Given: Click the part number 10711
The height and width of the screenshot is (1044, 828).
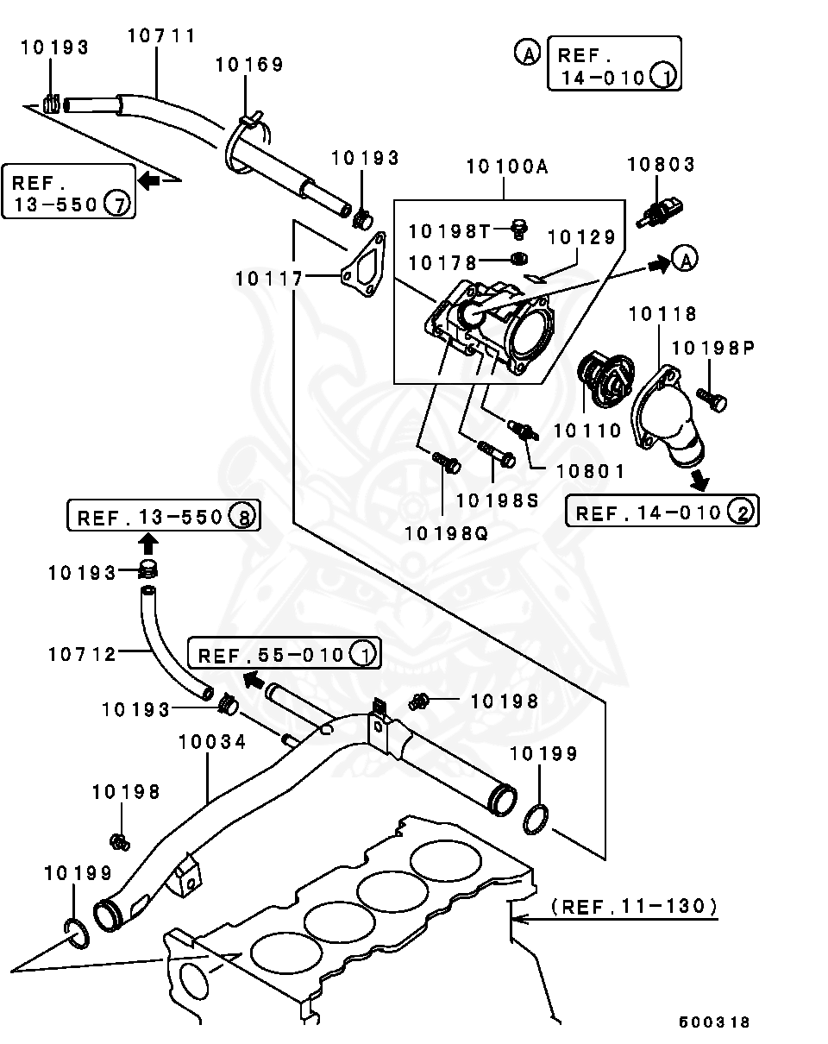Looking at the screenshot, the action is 161,35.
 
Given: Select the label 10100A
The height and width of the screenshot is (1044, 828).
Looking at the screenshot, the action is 507,167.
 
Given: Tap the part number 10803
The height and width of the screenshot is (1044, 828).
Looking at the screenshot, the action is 662,164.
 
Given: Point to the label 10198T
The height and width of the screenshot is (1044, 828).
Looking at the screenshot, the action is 449,231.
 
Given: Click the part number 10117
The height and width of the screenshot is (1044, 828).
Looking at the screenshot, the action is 269,279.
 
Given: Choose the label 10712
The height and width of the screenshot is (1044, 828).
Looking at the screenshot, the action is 83,654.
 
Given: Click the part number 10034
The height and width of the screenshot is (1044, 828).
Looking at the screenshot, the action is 212,741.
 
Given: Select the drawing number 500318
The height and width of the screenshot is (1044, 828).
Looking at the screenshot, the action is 714,1022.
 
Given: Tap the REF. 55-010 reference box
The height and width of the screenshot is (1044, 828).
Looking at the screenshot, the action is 285,652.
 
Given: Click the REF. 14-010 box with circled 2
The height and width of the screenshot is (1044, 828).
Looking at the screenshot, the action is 662,511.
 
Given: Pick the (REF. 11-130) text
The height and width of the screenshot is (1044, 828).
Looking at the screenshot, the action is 635,905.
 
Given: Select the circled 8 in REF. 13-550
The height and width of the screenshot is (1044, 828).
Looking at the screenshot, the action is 242,516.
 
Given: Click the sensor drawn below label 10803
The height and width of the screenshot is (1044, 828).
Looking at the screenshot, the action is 660,211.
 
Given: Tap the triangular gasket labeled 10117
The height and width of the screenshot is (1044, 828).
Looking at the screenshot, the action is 364,264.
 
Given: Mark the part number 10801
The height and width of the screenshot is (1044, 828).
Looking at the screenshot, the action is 590,471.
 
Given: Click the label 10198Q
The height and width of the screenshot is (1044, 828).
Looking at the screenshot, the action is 446,533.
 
